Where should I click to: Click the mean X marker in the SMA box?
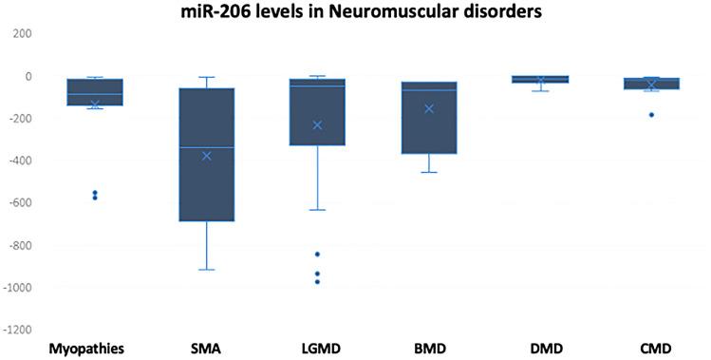[x=207, y=155]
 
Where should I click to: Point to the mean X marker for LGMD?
[x=317, y=124]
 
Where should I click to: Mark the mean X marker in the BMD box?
[x=429, y=108]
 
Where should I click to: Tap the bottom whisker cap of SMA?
[x=207, y=270]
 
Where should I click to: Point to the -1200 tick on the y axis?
[x=17, y=330]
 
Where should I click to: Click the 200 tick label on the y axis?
[x=21, y=33]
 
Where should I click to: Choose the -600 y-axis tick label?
[x=19, y=202]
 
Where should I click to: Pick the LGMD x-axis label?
[x=317, y=349]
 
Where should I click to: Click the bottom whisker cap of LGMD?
[x=317, y=210]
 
